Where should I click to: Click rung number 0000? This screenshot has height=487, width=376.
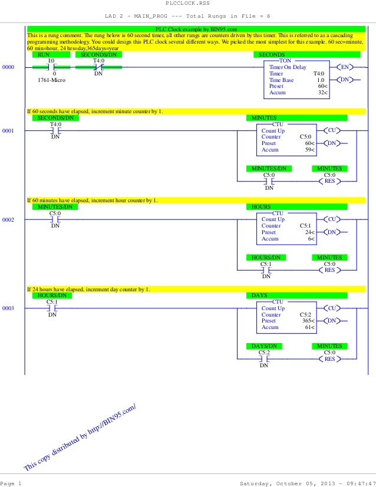(8, 67)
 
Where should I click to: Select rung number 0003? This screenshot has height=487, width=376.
(8, 308)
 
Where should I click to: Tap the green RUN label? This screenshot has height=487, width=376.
(44, 54)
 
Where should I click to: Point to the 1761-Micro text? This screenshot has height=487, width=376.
(51, 80)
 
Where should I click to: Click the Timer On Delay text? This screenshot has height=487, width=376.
(288, 67)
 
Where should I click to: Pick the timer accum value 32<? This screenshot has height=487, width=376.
(322, 93)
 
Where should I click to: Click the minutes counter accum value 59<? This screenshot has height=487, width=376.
(309, 150)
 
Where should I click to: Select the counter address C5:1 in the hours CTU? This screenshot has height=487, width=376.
(305, 226)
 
